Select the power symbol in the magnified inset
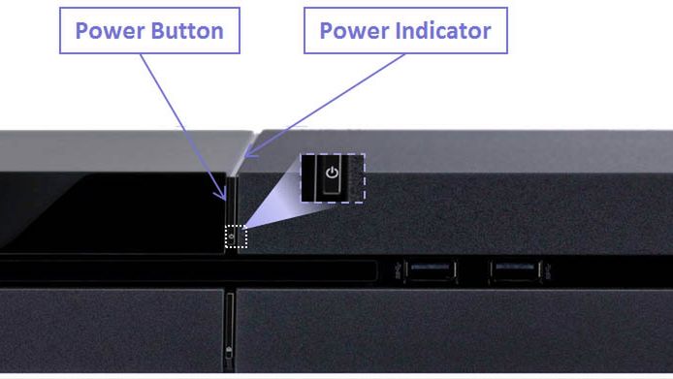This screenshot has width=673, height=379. pyautogui.click(x=332, y=173)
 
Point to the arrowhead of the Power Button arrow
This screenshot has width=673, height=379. pyautogui.click(x=222, y=195)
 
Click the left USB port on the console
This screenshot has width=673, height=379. pyautogui.click(x=431, y=271)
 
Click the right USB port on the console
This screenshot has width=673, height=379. pyautogui.click(x=515, y=271)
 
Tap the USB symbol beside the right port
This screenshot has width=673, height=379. pyautogui.click(x=547, y=270)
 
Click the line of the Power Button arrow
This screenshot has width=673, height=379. pyautogui.click(x=183, y=127)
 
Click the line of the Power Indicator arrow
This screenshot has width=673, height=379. pyautogui.click(x=325, y=105)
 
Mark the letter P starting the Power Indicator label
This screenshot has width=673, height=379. pyautogui.click(x=327, y=31)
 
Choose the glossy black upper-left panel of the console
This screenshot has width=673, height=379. pyautogui.click(x=112, y=212)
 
